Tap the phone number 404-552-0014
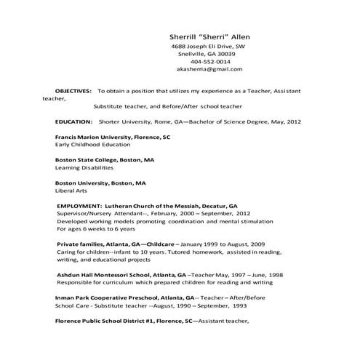[209, 62]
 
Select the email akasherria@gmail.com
[209, 70]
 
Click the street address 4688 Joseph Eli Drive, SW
[209, 46]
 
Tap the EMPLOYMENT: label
[79, 206]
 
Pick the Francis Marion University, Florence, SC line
[113, 137]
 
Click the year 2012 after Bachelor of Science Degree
[292, 122]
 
